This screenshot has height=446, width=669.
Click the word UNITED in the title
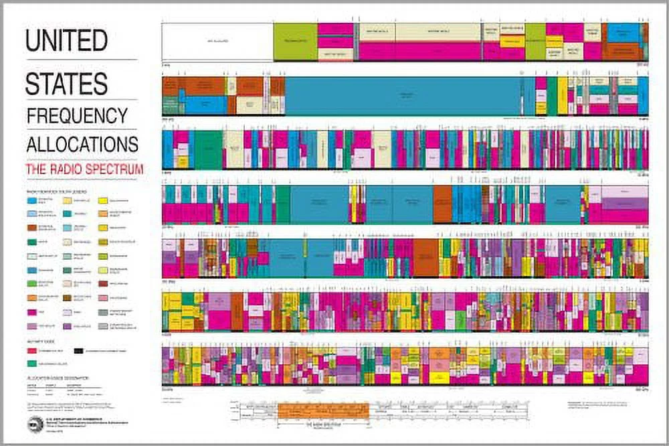(66, 41)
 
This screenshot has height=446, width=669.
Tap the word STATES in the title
(66, 83)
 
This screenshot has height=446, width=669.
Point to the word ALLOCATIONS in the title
(82, 144)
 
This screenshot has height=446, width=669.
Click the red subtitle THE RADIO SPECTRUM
(84, 170)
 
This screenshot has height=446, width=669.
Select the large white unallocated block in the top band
(217, 42)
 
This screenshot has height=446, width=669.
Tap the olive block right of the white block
(295, 42)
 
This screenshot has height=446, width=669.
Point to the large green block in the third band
(208, 149)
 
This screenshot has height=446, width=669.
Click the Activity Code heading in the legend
(39, 341)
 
